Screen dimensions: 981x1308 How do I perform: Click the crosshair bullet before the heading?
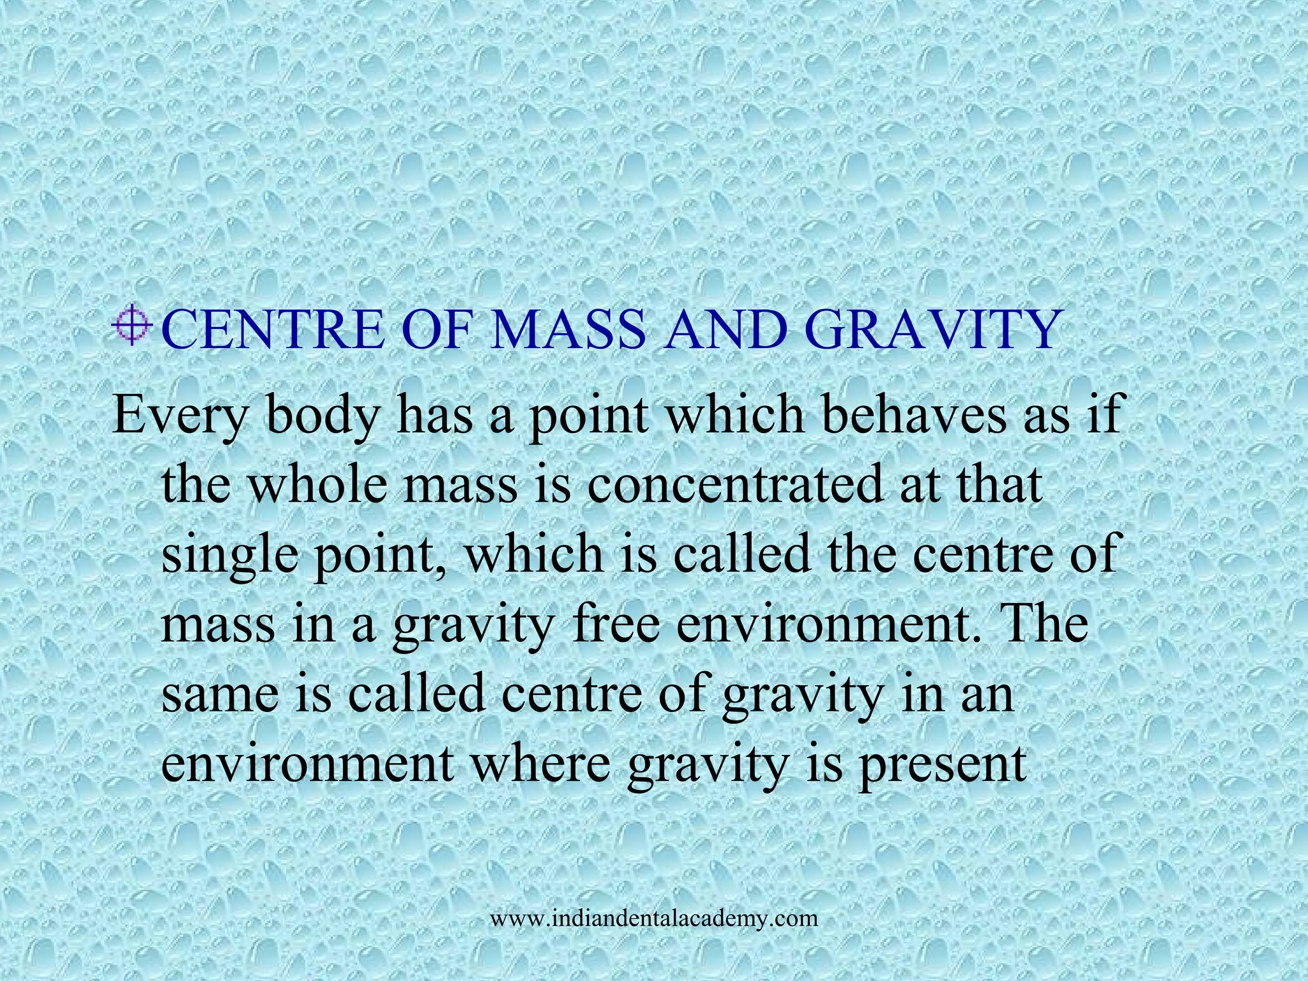[132, 328]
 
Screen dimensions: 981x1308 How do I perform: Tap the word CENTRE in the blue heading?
[273, 330]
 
